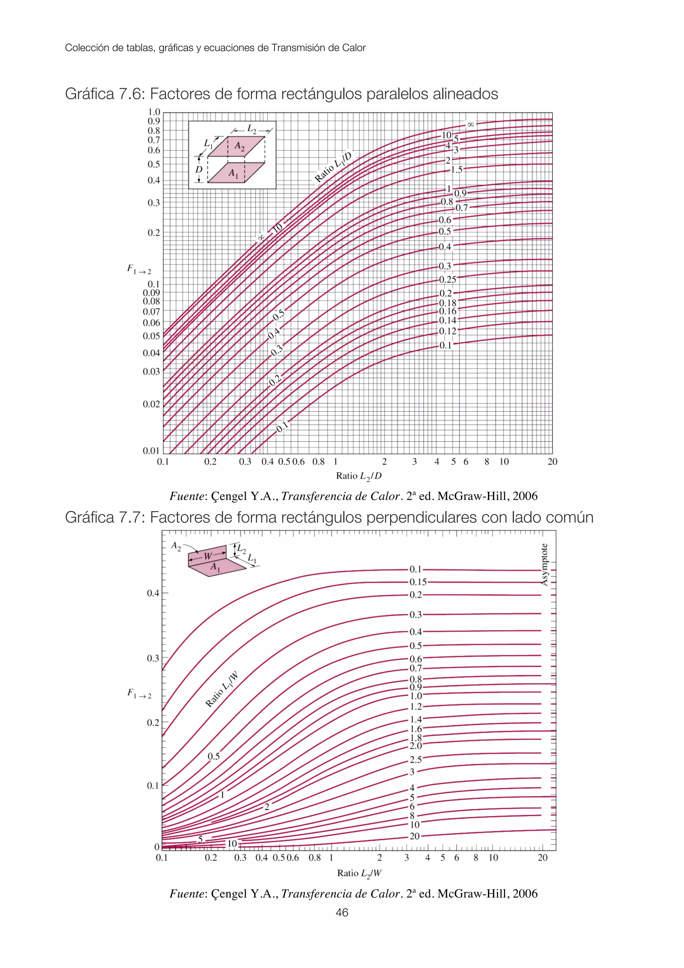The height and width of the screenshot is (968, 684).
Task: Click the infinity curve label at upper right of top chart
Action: (470, 124)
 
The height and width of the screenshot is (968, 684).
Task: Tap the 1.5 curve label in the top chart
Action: (457, 170)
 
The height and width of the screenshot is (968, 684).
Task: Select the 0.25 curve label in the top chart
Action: (447, 280)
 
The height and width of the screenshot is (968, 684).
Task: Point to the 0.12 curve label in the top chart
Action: (447, 331)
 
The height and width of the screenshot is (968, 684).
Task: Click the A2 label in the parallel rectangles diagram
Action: (239, 146)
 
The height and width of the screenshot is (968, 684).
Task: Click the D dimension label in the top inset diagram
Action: (199, 169)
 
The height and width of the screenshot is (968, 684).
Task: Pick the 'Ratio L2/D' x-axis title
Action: (359, 476)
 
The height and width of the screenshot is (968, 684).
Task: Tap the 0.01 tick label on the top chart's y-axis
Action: (151, 451)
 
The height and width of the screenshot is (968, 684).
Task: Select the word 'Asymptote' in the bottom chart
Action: (544, 564)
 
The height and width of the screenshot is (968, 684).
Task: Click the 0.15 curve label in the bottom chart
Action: (418, 582)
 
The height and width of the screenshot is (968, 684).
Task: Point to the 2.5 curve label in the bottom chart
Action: (415, 760)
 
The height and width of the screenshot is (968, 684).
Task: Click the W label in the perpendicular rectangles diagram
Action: (208, 556)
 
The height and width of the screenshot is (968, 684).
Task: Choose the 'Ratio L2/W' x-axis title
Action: (359, 873)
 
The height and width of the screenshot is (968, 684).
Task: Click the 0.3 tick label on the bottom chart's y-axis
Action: (153, 658)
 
